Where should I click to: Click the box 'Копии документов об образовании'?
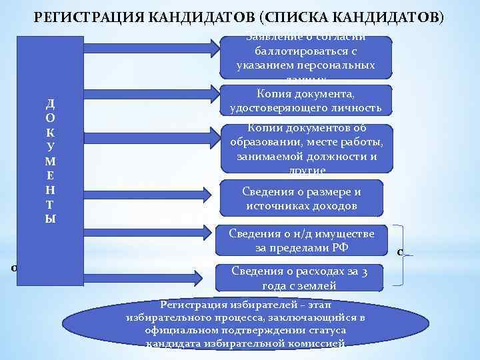click(305, 148)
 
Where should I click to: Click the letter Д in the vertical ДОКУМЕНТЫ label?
click(51, 103)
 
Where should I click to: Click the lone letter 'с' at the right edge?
click(399, 252)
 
